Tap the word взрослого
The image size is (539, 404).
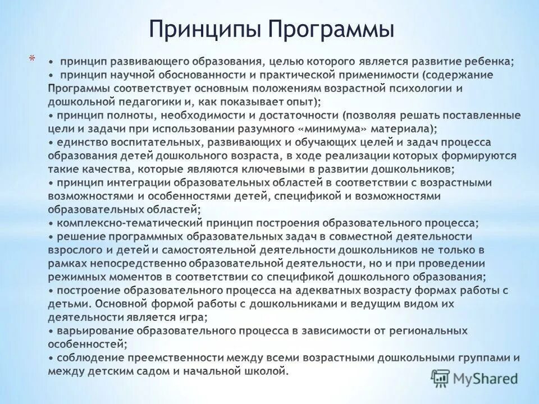pyautogui.click(x=72, y=250)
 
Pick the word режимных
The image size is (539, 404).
pyautogui.click(x=75, y=277)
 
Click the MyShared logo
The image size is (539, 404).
pyautogui.click(x=474, y=378)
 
